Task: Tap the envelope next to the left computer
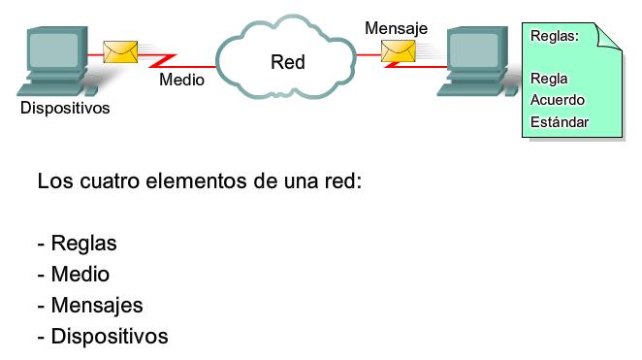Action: click(119, 51)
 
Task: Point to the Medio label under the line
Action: click(181, 81)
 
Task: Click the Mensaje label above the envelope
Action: click(396, 28)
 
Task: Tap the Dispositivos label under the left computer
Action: click(65, 108)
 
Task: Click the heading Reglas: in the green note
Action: click(556, 36)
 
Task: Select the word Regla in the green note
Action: click(550, 79)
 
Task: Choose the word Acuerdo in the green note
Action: click(558, 100)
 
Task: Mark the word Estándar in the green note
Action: click(561, 122)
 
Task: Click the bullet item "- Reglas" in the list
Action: click(78, 244)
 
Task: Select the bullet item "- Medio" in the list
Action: click(74, 275)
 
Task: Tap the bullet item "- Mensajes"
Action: click(90, 306)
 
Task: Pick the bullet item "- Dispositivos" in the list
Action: click(103, 337)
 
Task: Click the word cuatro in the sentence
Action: click(108, 181)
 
